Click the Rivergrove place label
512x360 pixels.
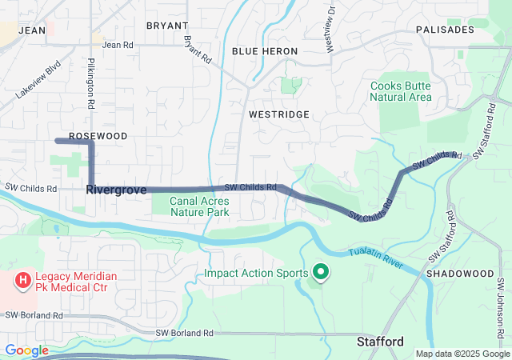(x=116, y=190)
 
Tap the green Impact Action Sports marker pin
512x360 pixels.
(x=321, y=273)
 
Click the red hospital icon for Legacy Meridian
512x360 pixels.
(x=23, y=282)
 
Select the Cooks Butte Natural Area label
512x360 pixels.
(x=401, y=91)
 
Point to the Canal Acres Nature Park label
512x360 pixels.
(x=199, y=206)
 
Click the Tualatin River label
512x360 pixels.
(x=375, y=260)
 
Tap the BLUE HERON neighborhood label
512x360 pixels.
(x=265, y=50)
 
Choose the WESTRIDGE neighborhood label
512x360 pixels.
(x=278, y=114)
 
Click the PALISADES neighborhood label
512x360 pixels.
(x=445, y=30)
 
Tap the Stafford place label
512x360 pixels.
(x=379, y=342)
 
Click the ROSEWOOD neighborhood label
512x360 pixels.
(x=98, y=136)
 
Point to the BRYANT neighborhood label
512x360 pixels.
(x=167, y=26)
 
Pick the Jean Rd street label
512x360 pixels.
(x=118, y=45)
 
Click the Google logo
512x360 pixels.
(x=26, y=350)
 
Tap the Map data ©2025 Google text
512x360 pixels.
(x=462, y=354)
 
